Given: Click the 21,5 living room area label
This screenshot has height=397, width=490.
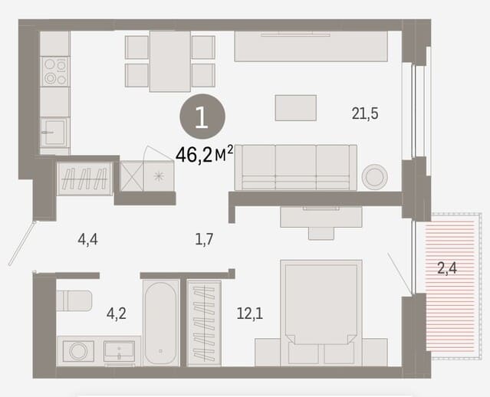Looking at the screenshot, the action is pos(365,113).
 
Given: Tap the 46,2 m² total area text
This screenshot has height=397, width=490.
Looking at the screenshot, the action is pos(205,155).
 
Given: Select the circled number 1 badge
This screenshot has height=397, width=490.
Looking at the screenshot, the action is pos(202,116).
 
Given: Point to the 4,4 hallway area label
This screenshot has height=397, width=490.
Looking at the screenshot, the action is pos(87,240).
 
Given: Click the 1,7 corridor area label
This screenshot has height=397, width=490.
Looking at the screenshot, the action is pos(204,240).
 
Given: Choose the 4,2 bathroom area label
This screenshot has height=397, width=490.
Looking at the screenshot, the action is pos(117,313).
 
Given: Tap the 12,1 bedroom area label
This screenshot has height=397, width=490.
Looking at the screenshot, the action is pos(250,313).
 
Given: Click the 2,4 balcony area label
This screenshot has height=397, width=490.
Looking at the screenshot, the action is pos(447,268).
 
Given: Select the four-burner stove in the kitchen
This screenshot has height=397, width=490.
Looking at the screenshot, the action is pos(55,71).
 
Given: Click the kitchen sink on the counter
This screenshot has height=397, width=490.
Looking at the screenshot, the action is pos(54,132).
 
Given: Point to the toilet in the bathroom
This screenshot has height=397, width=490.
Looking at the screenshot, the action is pos(74,300).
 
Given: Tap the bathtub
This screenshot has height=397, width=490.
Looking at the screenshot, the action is pos(160,323).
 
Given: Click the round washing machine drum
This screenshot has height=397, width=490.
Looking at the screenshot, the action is pos(77,351).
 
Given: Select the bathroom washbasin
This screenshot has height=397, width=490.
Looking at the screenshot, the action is pos(120,351).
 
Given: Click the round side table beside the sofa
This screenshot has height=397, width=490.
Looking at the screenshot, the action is pos(375,176).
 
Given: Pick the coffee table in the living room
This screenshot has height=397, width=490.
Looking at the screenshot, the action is pos(296,108).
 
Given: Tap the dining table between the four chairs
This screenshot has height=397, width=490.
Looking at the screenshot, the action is pos(170,61).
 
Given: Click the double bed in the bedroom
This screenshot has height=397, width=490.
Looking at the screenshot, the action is pos(321,313).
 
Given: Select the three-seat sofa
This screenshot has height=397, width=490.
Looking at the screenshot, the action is pos(296,167).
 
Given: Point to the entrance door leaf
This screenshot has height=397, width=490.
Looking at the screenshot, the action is pos(21,244).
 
